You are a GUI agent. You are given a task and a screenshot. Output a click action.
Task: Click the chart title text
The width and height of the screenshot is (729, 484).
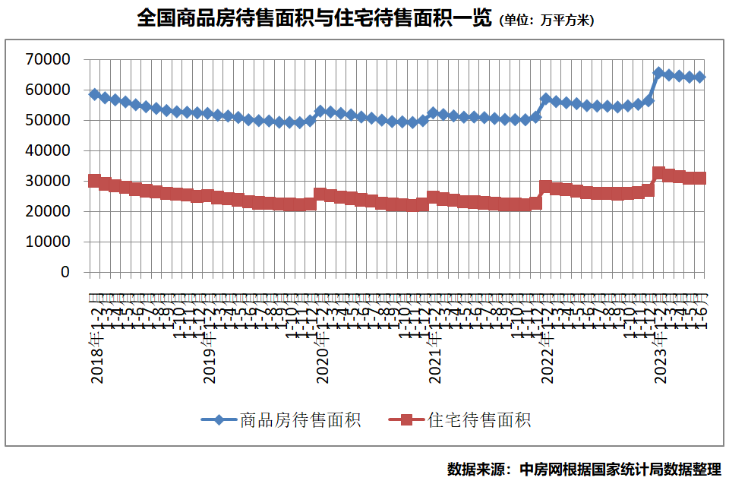[x=314, y=18]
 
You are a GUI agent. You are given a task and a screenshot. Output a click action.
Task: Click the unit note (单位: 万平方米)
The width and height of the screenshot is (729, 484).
[x=546, y=21]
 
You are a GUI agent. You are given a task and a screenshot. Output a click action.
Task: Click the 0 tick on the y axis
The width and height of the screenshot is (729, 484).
[x=65, y=272]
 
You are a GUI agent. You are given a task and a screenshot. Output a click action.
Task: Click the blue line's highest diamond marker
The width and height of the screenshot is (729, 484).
[x=659, y=73]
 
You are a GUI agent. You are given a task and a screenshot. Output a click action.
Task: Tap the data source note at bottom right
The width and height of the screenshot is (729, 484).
[x=583, y=468]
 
